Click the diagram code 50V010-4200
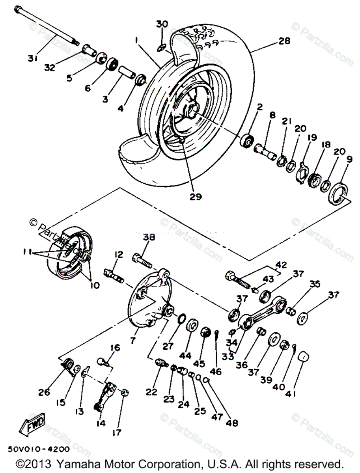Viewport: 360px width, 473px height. (x=38, y=449)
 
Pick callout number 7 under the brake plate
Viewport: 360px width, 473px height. (x=133, y=339)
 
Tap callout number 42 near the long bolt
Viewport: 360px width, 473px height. (x=282, y=264)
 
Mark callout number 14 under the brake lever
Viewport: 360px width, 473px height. (x=100, y=423)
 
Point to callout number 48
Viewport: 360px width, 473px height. (x=232, y=423)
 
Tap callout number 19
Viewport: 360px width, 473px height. (x=312, y=138)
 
